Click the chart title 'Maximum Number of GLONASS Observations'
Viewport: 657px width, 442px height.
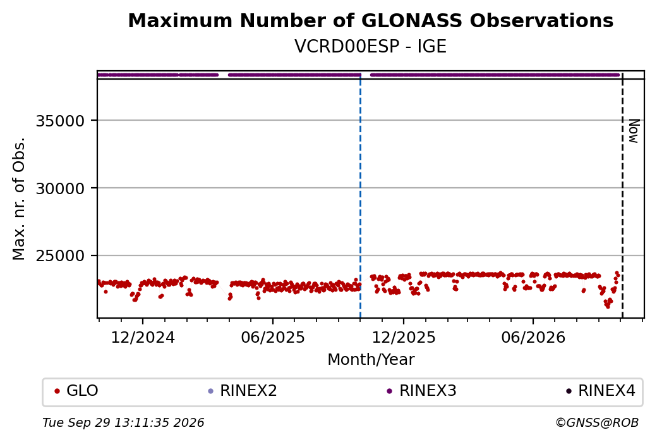tap(370, 20)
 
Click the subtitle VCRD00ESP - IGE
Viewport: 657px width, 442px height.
tap(370, 47)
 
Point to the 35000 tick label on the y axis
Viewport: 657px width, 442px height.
tap(61, 121)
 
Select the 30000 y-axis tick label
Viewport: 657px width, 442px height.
tap(61, 188)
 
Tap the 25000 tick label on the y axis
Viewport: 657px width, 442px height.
tap(61, 256)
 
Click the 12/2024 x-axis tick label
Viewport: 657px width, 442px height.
tap(143, 337)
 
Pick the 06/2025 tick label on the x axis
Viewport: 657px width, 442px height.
tap(273, 337)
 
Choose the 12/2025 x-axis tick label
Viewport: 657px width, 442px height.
tap(404, 337)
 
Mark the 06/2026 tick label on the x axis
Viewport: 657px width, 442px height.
tap(533, 337)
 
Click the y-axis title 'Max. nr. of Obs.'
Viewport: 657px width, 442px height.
tap(19, 199)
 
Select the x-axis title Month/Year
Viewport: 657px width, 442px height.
tap(371, 359)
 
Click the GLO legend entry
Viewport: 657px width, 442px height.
tap(76, 391)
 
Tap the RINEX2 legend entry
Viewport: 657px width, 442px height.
tap(243, 391)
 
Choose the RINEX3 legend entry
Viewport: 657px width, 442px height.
tap(421, 391)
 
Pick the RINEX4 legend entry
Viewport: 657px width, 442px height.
tap(601, 391)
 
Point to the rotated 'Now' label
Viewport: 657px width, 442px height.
tap(634, 132)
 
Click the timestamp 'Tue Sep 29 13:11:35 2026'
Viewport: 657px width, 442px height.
tap(123, 422)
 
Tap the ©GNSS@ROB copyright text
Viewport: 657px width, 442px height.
tap(597, 422)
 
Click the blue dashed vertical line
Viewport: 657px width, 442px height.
tap(360, 195)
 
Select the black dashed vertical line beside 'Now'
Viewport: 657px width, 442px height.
tap(622, 195)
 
